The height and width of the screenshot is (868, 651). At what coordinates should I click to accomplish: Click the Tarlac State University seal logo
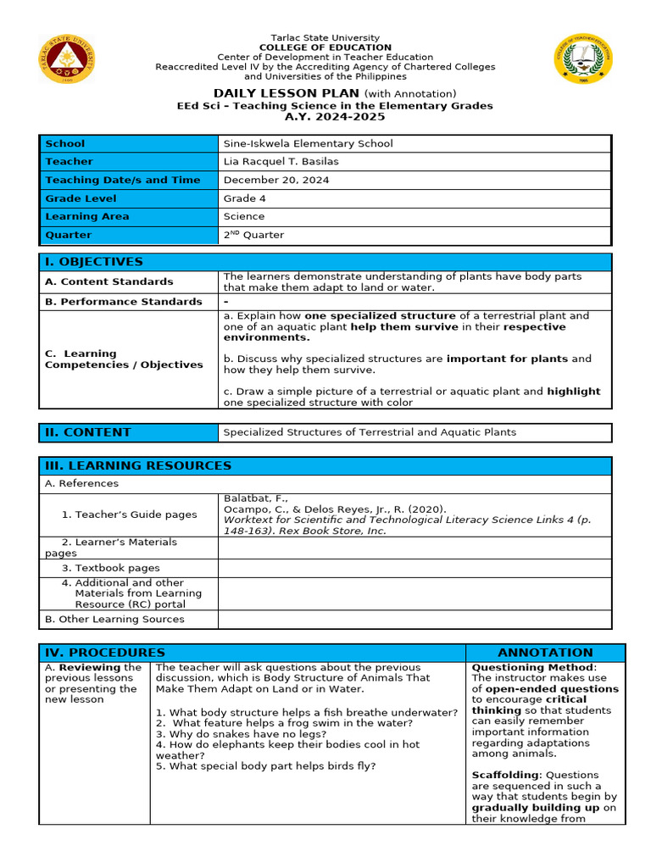[67, 59]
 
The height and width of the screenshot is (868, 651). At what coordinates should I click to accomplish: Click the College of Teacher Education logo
[583, 59]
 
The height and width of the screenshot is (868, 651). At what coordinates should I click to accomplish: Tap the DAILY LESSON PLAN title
[286, 93]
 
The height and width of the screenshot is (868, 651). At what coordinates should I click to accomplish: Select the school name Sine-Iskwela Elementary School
[308, 143]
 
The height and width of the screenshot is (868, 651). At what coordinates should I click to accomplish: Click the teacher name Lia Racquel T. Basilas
[281, 161]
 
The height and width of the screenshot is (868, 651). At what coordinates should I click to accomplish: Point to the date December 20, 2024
[275, 180]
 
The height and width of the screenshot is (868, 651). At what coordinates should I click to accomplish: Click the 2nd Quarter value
[253, 235]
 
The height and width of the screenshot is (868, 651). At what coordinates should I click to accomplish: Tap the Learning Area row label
[87, 216]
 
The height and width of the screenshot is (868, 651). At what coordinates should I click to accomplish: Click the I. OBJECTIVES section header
[94, 262]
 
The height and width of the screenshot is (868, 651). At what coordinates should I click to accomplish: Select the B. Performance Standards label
[124, 301]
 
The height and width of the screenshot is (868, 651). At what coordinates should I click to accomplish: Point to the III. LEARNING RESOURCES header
[138, 465]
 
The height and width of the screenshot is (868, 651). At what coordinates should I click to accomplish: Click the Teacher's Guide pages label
[129, 515]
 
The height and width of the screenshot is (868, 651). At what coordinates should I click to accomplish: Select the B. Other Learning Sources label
[114, 619]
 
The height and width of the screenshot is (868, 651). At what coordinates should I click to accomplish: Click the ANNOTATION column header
[545, 653]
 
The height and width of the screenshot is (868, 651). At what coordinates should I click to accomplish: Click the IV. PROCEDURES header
[105, 653]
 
